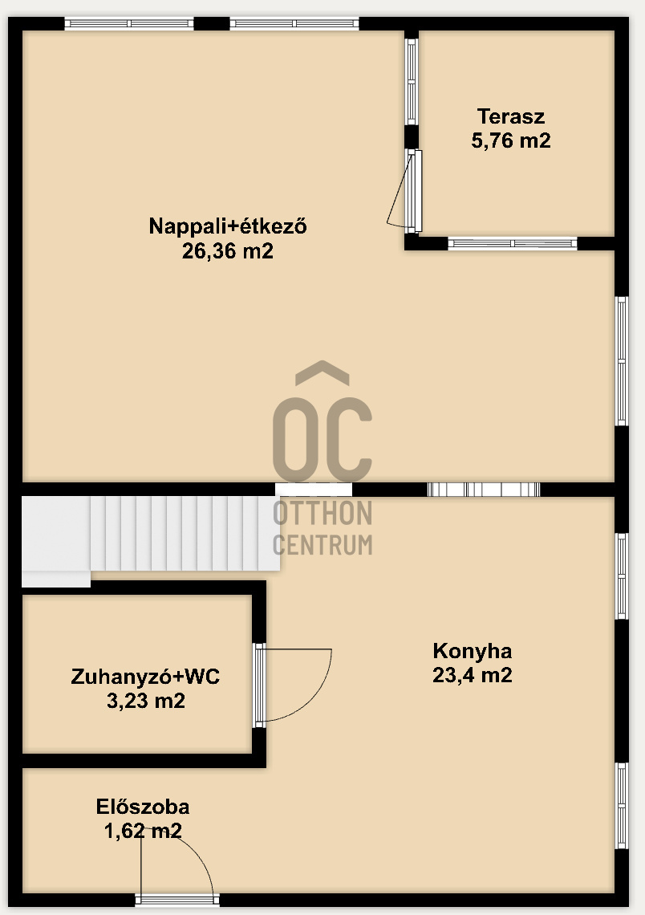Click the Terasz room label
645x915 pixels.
tap(511, 116)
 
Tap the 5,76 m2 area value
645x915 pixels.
tap(511, 141)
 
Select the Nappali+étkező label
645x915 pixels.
tap(228, 226)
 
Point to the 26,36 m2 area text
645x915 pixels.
tap(228, 251)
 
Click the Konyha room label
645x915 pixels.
tap(472, 650)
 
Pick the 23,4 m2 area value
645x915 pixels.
tap(472, 675)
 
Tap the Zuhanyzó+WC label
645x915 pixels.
tap(145, 677)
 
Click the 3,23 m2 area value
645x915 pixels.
tap(145, 701)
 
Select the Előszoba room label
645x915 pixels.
tap(143, 807)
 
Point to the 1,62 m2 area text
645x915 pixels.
tap(143, 831)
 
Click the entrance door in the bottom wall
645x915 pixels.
tap(176, 900)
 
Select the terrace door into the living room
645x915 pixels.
tap(412, 190)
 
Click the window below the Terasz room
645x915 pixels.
tap(512, 243)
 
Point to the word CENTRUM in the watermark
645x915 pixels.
tap(322, 544)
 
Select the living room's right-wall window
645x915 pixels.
tap(622, 360)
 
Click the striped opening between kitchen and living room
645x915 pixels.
tap(483, 490)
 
